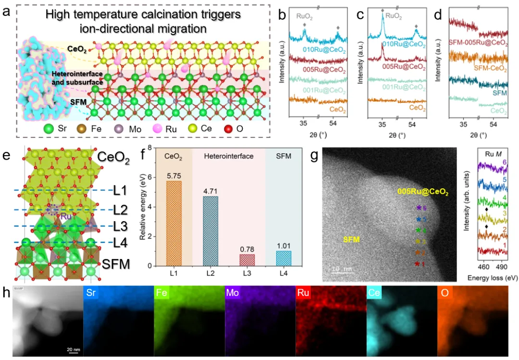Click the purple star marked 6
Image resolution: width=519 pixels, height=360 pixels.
[419, 208]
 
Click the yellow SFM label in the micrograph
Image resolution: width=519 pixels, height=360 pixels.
[352, 239]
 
